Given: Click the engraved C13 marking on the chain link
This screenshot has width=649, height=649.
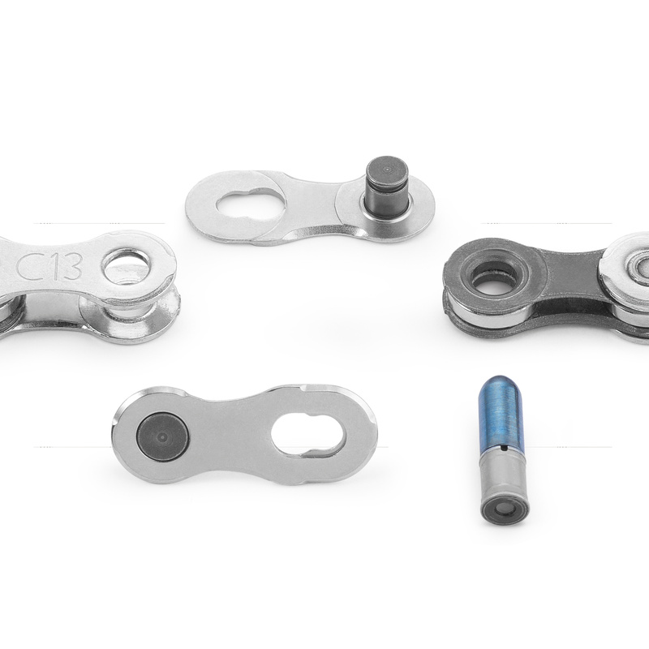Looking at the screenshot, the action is pyautogui.click(x=49, y=267).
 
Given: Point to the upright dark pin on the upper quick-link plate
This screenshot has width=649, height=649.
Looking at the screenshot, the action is pyautogui.click(x=388, y=187).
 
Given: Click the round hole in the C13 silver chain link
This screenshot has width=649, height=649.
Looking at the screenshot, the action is pyautogui.click(x=127, y=266).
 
